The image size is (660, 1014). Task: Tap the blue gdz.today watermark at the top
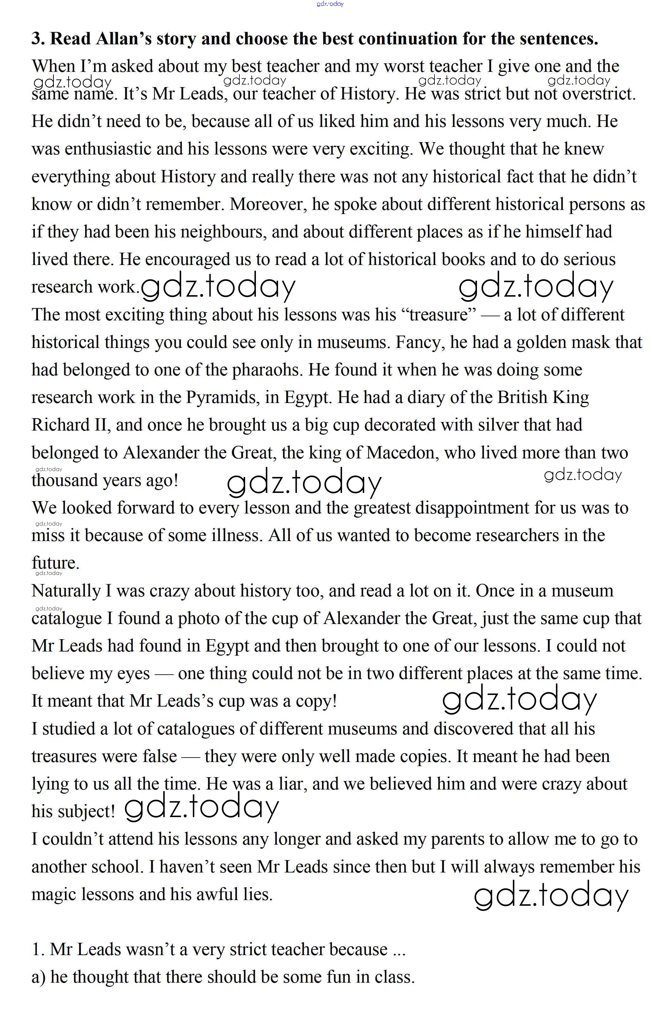click(x=330, y=4)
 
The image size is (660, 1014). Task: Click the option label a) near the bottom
click(x=38, y=977)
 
